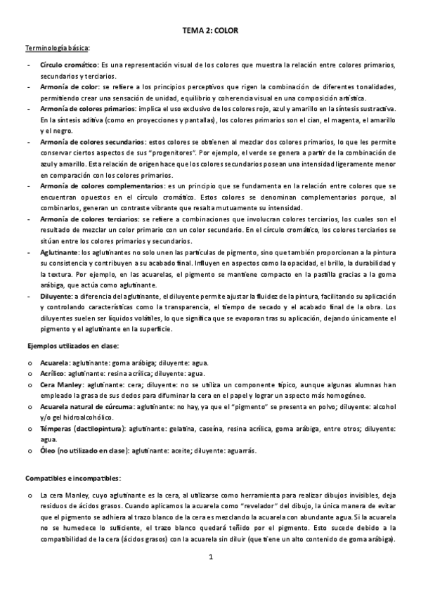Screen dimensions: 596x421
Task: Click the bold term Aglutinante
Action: click(60, 252)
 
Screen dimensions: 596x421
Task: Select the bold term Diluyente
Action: click(56, 296)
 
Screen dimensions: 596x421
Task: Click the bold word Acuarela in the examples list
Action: click(56, 363)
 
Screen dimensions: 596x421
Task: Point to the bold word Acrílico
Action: click(54, 374)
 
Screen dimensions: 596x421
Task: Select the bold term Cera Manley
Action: click(62, 385)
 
